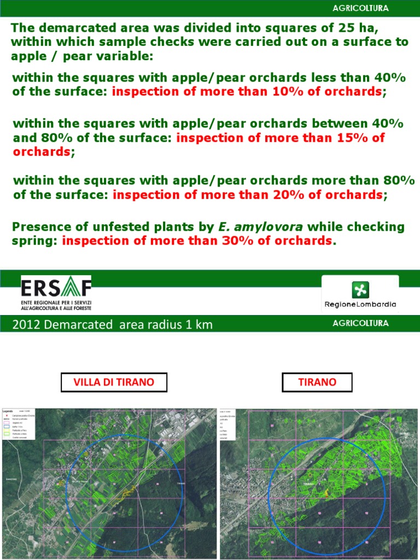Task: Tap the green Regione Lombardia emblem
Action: pos(360,289)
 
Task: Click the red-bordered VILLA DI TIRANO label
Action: pos(114,382)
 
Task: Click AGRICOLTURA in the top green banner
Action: pos(360,8)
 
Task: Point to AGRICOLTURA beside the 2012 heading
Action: pos(360,323)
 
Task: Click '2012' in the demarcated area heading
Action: pos(26,325)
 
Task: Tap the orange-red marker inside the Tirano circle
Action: pos(326,493)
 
